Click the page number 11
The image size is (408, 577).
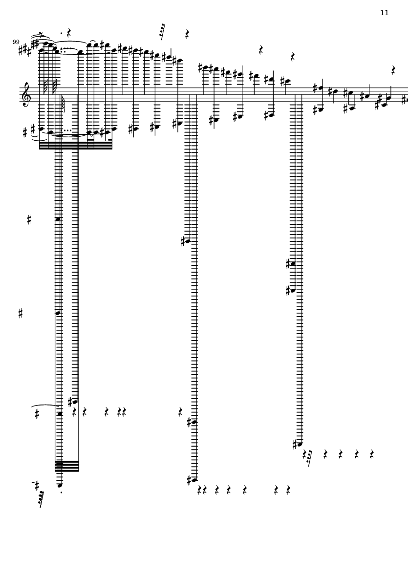[384, 13]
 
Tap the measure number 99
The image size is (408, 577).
[16, 42]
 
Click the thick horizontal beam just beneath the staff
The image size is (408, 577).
[75, 145]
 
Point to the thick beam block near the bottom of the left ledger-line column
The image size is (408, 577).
[67, 466]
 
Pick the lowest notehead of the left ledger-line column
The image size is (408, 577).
[60, 485]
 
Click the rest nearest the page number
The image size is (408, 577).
[393, 70]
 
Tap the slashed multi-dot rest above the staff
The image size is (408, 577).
[162, 32]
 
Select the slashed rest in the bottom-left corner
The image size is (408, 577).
[41, 499]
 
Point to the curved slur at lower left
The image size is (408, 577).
[45, 406]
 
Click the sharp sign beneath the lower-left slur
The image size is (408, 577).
[37, 414]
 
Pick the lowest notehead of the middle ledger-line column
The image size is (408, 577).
[194, 480]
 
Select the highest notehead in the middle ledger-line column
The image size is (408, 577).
[188, 241]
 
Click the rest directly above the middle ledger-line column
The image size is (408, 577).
[187, 34]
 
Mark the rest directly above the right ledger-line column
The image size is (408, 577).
[293, 57]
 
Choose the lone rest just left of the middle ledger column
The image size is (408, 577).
[180, 412]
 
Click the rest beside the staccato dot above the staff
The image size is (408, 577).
[69, 32]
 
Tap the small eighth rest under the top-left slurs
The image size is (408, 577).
[42, 35]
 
